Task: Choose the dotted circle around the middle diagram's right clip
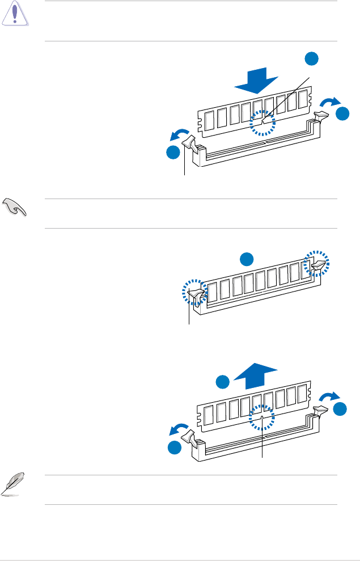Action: point(317,263)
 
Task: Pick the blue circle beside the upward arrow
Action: point(223,381)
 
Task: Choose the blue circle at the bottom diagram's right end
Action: point(342,408)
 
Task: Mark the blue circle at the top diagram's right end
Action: point(342,113)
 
